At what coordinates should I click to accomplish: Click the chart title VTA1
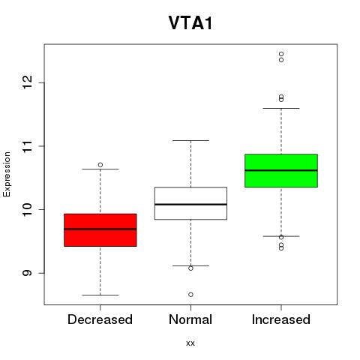click(190, 23)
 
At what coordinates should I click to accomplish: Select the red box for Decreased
click(100, 230)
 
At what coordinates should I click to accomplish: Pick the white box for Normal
click(190, 203)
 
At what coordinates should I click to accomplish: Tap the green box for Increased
click(281, 170)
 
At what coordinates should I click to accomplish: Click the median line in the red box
click(100, 229)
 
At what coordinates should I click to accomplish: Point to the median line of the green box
click(281, 170)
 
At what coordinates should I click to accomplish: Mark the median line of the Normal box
click(190, 205)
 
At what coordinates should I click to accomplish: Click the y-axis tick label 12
click(27, 82)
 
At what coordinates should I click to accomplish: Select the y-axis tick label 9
click(27, 273)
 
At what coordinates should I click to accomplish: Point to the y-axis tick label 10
click(27, 209)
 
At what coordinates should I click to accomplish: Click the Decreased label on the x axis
click(100, 319)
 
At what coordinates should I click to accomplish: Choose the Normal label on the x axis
click(190, 319)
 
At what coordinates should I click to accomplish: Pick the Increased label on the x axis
click(281, 319)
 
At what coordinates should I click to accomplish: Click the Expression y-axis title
click(7, 174)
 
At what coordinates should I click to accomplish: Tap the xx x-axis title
click(190, 343)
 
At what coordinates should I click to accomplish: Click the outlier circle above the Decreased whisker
click(100, 165)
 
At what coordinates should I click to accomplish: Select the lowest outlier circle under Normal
click(190, 295)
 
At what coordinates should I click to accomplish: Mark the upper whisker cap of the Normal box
click(190, 140)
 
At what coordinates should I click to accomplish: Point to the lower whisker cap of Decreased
click(100, 295)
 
